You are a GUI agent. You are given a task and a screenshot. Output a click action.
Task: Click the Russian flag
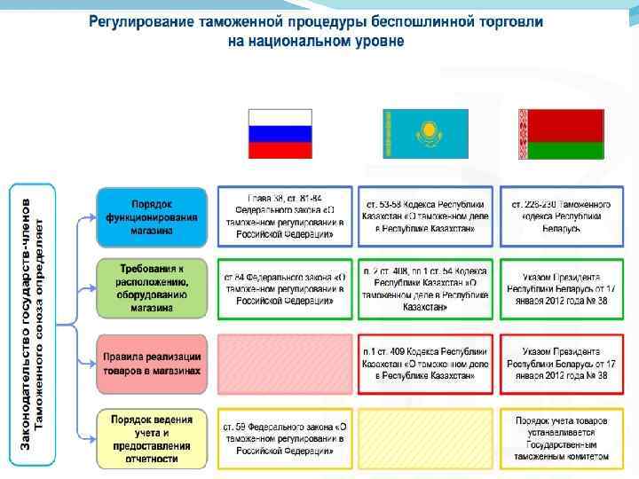[280, 134]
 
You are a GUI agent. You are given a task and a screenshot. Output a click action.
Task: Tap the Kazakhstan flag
[424, 134]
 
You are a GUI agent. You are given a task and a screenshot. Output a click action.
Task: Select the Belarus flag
[561, 134]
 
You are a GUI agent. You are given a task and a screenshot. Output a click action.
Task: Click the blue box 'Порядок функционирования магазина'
[153, 216]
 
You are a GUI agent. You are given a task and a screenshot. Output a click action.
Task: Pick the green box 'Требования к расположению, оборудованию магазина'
[153, 288]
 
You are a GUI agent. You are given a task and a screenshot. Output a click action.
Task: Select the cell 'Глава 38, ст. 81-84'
[285, 216]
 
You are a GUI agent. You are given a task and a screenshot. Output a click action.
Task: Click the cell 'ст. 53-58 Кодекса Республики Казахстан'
[424, 216]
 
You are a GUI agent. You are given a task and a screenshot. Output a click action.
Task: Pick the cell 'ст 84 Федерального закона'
[285, 288]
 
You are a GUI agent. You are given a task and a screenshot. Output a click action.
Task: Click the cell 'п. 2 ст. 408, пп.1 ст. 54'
[424, 288]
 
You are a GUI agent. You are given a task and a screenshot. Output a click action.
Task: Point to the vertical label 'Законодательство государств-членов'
[26, 323]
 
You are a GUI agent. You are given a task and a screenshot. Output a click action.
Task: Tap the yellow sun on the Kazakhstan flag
[424, 130]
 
